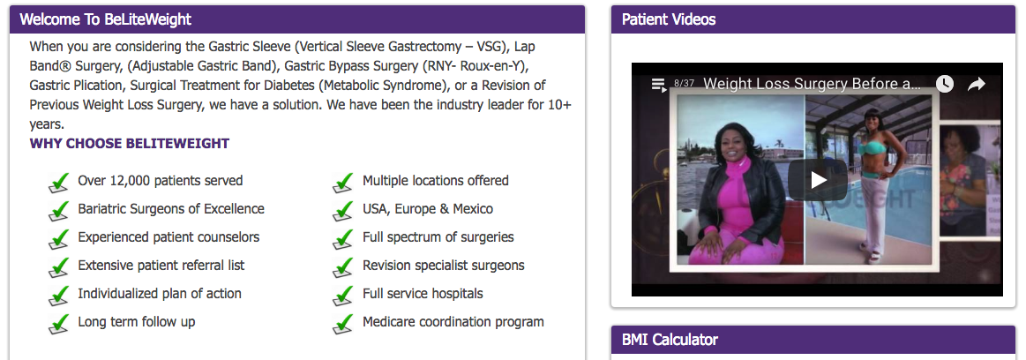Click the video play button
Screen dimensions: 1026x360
tap(817, 180)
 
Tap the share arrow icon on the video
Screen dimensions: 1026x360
tap(977, 84)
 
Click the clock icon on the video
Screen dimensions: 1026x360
tap(944, 84)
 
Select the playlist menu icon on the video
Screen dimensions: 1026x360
tap(659, 85)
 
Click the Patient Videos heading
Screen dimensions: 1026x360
tap(668, 19)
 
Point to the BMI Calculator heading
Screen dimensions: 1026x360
tap(670, 340)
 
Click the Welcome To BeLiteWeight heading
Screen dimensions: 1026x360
tap(105, 19)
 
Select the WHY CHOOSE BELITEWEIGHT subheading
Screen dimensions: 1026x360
tap(130, 143)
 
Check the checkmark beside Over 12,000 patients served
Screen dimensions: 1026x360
tap(59, 183)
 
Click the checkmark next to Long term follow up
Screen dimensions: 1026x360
tap(59, 324)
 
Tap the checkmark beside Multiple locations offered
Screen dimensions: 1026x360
tap(343, 183)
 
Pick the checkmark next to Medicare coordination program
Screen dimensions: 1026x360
tap(343, 324)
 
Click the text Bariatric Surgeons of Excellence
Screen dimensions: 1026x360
tap(171, 209)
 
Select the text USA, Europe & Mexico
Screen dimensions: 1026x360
tap(428, 209)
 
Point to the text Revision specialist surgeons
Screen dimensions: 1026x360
tap(444, 265)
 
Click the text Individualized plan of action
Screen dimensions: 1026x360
tap(160, 293)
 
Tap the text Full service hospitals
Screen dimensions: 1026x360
tap(423, 293)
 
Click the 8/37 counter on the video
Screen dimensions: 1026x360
tap(684, 83)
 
